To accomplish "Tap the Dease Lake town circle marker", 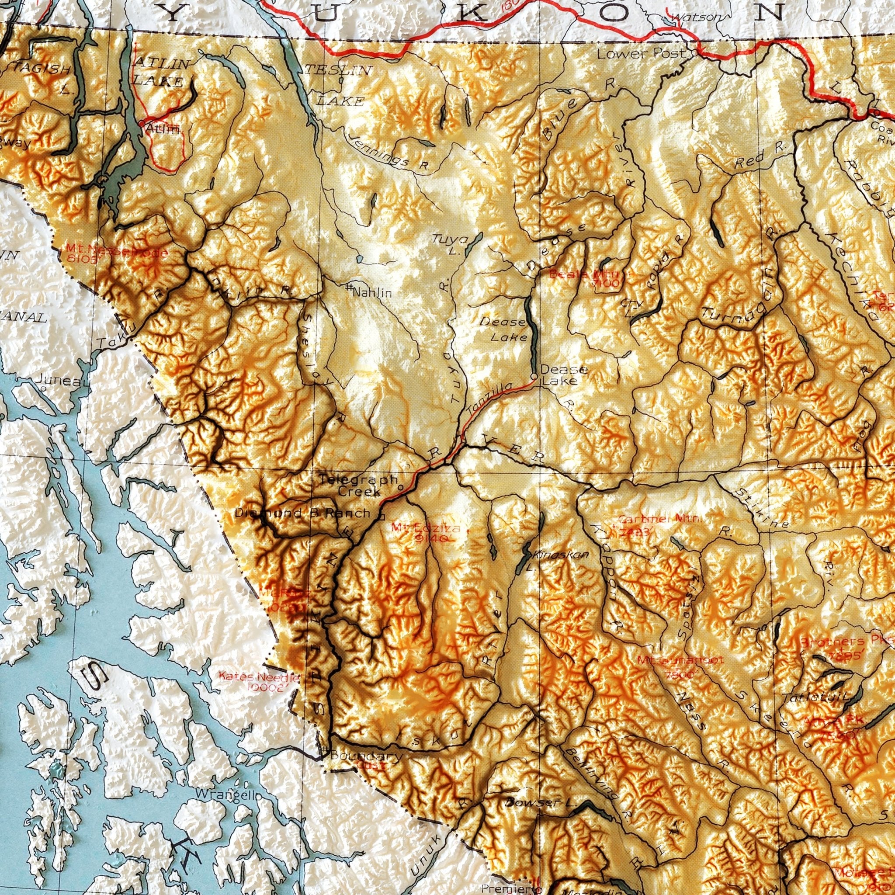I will click(534, 377).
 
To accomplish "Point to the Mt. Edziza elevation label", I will click(426, 533).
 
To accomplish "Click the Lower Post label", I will click(641, 54).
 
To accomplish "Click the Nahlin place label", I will click(371, 292).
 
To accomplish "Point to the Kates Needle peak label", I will click(260, 682).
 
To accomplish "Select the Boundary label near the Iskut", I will click(366, 756).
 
